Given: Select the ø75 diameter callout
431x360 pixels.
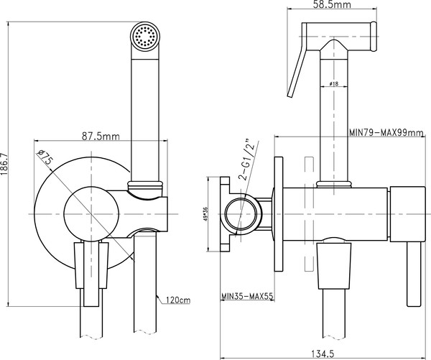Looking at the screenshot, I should (45, 157).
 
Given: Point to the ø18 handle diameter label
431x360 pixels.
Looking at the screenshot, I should (333, 85).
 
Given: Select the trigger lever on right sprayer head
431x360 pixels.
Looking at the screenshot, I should (296, 72).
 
